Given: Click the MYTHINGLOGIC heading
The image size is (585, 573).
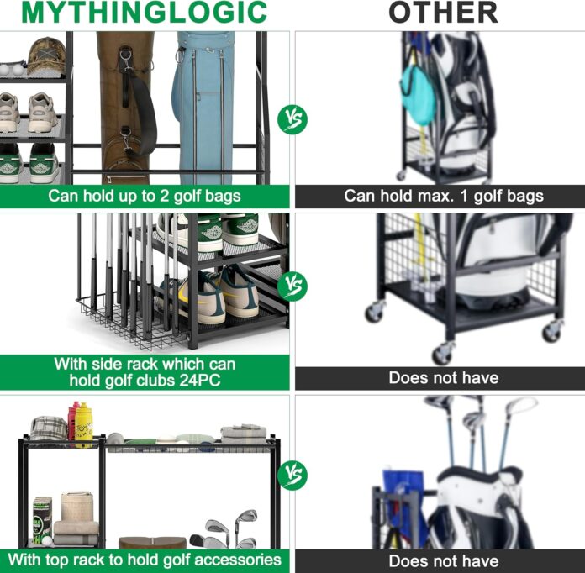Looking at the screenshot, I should click(145, 13).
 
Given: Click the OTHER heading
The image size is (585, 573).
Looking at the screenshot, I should click(442, 13).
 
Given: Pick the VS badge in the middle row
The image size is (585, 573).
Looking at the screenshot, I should click(292, 286).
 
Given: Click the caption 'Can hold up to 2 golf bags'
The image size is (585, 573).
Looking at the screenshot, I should click(145, 197).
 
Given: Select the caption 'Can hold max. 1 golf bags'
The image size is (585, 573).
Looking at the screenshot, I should click(444, 197).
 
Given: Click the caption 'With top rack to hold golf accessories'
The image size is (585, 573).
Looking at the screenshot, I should click(145, 560).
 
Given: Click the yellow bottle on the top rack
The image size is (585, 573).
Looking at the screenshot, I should click(84, 423).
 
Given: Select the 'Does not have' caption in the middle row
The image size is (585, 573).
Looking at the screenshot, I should click(444, 378).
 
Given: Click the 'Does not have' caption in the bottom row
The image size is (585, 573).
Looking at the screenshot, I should click(444, 560).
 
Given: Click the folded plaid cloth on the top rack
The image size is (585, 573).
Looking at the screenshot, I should click(48, 428).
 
